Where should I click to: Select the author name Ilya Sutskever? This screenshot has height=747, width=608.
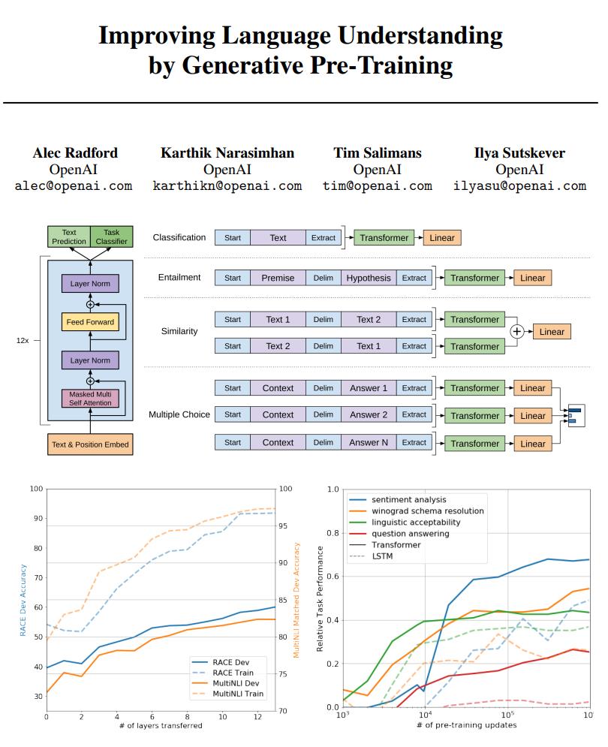[519, 153]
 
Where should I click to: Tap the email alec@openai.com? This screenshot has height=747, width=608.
[73, 185]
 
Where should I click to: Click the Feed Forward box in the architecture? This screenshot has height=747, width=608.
[89, 322]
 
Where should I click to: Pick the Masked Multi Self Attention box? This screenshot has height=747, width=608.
[90, 398]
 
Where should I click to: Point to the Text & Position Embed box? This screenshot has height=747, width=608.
[90, 444]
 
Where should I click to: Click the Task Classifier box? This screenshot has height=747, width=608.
[112, 237]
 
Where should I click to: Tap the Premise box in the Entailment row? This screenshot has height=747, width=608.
[278, 278]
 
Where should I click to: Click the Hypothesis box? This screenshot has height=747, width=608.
[369, 278]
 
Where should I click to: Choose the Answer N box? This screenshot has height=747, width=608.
[369, 443]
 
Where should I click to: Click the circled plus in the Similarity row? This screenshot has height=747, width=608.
[517, 332]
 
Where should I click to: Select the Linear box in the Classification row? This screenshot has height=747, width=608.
[442, 238]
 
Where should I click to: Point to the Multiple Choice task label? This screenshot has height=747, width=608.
[179, 414]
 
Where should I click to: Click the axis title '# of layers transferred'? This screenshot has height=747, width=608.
[161, 725]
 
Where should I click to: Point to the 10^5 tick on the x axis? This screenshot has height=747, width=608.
[507, 715]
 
